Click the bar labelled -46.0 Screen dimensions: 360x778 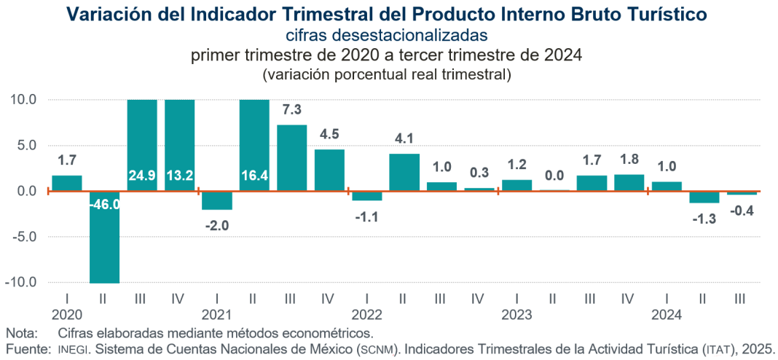[x=104, y=237]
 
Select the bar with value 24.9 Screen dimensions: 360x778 [x=142, y=145]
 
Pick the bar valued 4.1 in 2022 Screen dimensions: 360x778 [x=404, y=172]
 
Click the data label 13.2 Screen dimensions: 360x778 [x=179, y=176]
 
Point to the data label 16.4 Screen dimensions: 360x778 [x=254, y=176]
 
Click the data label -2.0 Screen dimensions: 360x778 [x=216, y=225]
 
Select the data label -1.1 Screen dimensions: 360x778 [x=366, y=216]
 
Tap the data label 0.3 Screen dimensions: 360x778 [x=478, y=173]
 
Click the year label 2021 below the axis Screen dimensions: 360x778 [x=216, y=315]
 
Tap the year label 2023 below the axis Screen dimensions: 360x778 [x=516, y=315]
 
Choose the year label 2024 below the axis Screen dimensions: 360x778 [x=666, y=315]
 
